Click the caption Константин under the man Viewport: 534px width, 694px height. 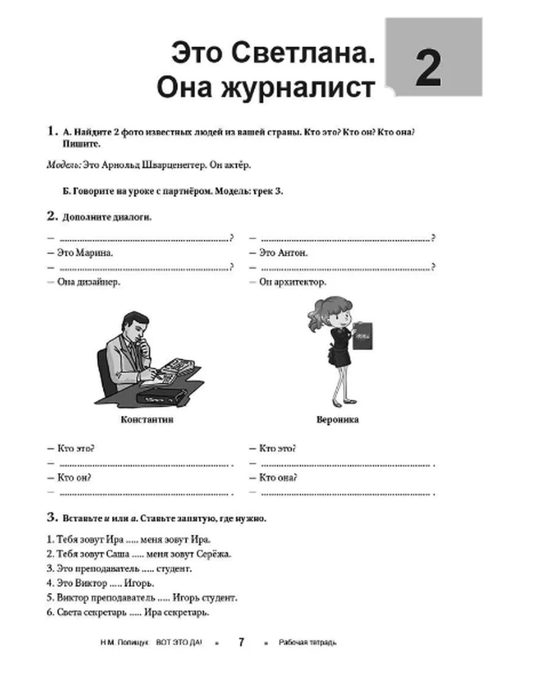click(147, 420)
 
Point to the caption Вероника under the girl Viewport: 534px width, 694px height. click(337, 420)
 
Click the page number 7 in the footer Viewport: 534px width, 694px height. click(241, 642)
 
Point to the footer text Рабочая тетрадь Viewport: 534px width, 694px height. click(308, 642)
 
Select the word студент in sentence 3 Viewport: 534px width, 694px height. click(175, 569)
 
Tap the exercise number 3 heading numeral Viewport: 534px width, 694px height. click(52, 517)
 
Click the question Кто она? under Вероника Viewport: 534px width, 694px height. click(278, 477)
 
